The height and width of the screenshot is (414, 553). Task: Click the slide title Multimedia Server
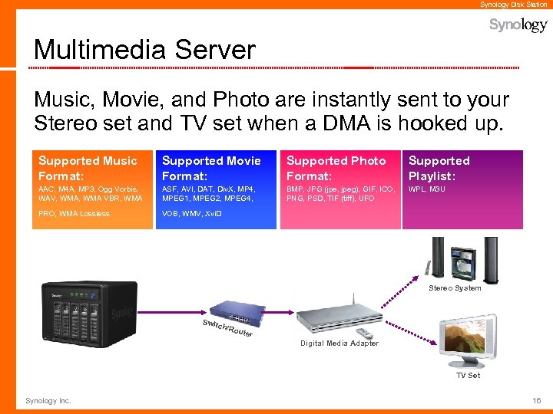(144, 51)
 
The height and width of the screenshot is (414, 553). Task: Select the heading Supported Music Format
(88, 168)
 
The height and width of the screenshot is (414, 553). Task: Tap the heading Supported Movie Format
(211, 168)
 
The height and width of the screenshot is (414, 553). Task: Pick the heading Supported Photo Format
(336, 168)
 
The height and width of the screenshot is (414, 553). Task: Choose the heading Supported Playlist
(439, 168)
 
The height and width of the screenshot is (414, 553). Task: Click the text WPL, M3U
(426, 189)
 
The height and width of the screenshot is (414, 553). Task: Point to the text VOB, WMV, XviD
(191, 214)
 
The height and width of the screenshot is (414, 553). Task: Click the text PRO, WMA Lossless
(74, 214)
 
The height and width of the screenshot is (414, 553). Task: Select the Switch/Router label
(227, 327)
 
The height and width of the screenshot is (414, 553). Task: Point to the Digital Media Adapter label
(339, 343)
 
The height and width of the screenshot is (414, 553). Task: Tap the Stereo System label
(455, 288)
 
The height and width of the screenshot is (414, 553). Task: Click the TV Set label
(468, 376)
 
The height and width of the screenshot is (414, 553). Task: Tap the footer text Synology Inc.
(48, 401)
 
